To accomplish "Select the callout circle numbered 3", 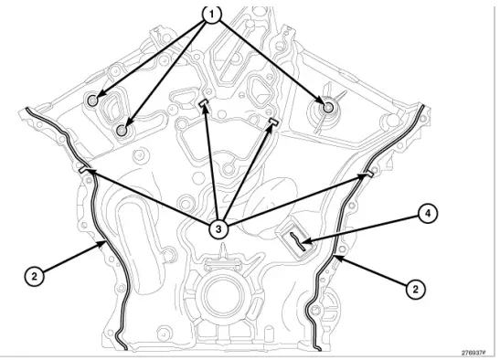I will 218,229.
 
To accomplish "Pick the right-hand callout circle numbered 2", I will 415,288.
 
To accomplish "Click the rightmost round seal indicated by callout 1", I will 327,108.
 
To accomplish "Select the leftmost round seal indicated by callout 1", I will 94,99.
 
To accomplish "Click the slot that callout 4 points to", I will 299,239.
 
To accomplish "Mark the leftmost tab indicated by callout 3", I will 85,169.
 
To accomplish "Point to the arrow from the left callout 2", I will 69,258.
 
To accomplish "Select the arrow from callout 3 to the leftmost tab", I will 151,198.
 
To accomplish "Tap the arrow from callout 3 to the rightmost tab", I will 293,201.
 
